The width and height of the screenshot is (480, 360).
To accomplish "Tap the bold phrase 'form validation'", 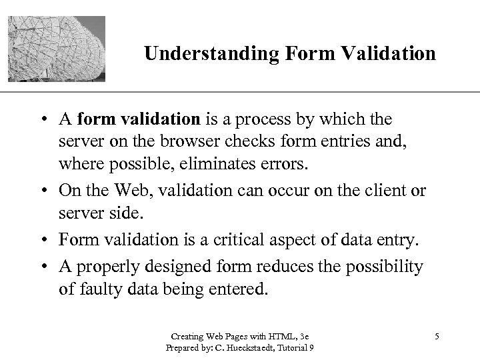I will coord(139,119).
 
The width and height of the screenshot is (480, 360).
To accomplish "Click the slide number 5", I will coord(437,335).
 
